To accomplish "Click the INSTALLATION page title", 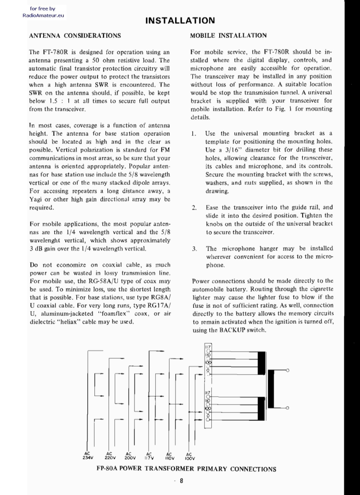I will [180, 20].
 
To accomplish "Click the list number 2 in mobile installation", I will [194, 207].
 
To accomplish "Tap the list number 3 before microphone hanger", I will [194, 249].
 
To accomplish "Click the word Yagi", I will [35, 199].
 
